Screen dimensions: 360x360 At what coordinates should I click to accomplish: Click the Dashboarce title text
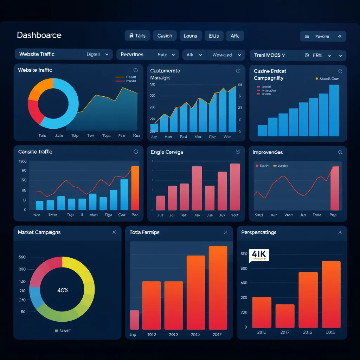39,35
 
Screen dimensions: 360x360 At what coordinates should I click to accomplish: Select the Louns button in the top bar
191,36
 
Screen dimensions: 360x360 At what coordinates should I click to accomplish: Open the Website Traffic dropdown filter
63,54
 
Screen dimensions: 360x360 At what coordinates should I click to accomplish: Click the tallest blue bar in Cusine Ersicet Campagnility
334,110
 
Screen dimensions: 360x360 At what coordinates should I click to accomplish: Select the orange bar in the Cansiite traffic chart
135,188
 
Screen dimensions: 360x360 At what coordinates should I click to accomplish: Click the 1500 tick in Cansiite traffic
22,161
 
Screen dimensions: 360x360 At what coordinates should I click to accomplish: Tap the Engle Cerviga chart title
167,152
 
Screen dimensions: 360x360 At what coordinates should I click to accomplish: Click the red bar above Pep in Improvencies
335,188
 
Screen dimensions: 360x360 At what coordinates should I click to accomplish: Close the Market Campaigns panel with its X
114,232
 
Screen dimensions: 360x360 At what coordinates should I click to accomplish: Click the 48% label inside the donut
63,290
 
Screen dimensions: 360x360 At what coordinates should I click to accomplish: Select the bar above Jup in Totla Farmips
134,320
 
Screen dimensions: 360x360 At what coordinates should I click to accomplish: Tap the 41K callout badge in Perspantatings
258,255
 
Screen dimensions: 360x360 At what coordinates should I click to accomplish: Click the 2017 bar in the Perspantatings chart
285,316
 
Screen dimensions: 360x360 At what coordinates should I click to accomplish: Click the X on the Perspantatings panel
340,232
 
